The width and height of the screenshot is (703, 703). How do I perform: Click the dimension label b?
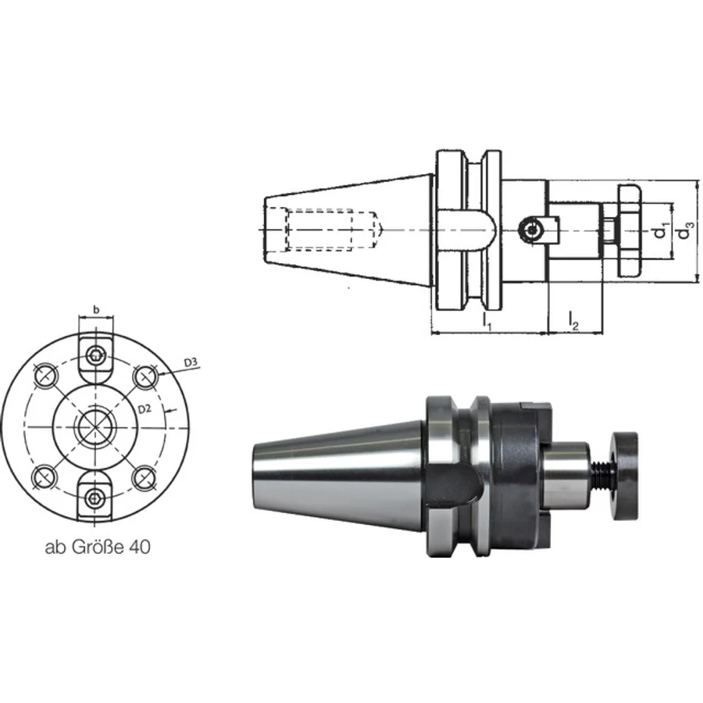96,309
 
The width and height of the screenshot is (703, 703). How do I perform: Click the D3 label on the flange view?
191,362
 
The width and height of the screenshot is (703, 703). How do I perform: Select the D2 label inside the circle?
145,409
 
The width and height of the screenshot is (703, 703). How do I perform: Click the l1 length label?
487,321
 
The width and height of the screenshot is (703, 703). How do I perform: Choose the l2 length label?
574,321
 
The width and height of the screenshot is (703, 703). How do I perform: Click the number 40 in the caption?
140,548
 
